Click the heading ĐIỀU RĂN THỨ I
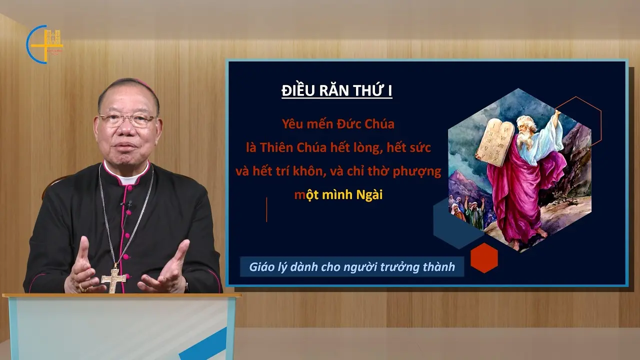(336, 90)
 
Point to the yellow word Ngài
(369, 195)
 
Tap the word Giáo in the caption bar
(259, 267)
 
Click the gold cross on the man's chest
(113, 280)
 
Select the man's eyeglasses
(127, 120)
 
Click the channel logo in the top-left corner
(44, 44)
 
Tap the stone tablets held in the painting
(496, 143)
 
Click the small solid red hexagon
(484, 258)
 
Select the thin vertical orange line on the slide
(266, 209)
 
